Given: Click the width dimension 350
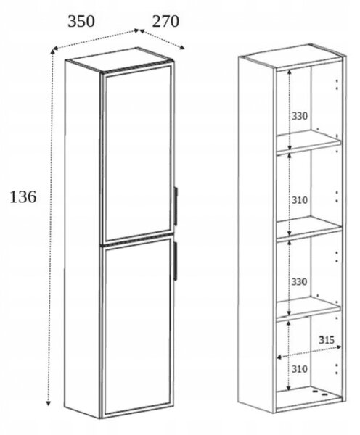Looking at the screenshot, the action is [81, 22].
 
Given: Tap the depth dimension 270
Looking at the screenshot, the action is [165, 22].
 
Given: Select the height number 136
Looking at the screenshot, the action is [22, 197].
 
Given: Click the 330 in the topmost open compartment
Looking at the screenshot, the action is [300, 116].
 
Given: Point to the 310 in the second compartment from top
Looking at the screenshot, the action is [300, 200].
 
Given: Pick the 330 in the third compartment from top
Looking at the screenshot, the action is [299, 281].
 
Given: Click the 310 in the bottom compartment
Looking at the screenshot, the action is [300, 369].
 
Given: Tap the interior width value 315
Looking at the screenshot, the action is [327, 339].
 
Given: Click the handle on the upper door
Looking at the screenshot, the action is [176, 206].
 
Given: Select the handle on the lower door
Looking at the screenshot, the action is [175, 260].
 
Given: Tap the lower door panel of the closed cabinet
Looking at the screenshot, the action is [138, 326].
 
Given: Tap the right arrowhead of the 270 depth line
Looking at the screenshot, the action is [182, 48].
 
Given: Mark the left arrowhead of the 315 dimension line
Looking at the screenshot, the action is [279, 357].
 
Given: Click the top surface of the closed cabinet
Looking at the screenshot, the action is [119, 59].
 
